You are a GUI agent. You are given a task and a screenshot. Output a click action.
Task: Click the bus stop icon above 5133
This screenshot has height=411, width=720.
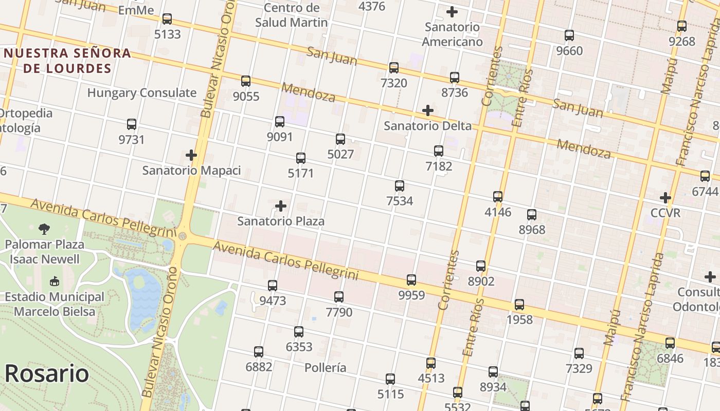point(167,19)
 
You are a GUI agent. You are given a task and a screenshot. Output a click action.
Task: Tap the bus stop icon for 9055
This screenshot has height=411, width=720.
point(246,81)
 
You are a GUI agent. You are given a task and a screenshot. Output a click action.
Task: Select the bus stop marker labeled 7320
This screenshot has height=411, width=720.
point(394,68)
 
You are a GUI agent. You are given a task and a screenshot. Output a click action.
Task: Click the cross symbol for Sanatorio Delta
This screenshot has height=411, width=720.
point(427,110)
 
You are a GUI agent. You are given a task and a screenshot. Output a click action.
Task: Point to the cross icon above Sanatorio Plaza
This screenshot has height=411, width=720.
point(281,206)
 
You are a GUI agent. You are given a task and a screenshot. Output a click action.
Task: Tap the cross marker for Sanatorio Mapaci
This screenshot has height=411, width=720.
point(191,155)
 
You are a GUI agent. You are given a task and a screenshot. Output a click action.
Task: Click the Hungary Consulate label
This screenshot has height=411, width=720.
point(142,93)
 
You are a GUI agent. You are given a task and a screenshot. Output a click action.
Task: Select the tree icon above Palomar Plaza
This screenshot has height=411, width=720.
point(45,229)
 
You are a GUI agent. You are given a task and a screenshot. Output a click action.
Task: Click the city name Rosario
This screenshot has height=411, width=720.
point(46,373)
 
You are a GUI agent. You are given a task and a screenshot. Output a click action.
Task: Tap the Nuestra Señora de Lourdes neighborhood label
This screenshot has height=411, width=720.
point(67,61)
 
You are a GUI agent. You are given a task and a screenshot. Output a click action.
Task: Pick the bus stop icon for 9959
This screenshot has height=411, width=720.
point(411,280)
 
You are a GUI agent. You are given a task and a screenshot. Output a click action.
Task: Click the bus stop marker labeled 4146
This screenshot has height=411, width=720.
point(498,197)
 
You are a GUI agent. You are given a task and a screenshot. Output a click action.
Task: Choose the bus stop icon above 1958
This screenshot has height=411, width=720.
point(519,305)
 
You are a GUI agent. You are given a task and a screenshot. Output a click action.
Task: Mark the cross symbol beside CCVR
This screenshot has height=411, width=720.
point(665,198)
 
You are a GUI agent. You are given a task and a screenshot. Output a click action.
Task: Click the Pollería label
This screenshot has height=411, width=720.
point(325,368)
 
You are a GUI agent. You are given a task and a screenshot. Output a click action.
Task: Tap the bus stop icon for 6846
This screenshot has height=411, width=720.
point(670,343)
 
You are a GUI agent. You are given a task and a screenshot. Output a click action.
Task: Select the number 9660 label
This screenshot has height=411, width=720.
point(569,51)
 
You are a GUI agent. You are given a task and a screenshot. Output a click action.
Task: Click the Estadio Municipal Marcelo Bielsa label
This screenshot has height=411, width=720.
point(55,304)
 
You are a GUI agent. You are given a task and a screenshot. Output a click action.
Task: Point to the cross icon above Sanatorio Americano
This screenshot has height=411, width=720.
point(452,12)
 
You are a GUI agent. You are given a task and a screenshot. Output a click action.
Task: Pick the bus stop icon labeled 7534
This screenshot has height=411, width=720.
point(400,186)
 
